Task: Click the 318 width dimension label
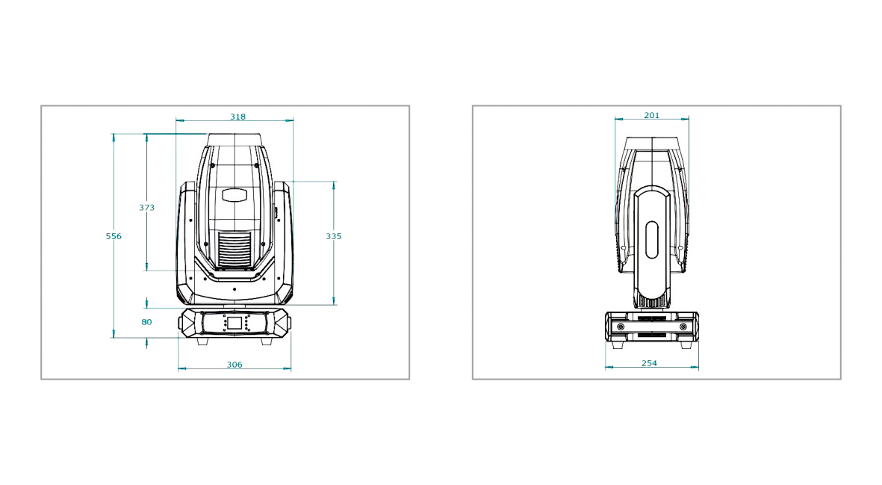click(238, 117)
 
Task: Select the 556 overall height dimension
click(114, 236)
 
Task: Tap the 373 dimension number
click(147, 208)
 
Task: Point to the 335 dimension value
click(334, 236)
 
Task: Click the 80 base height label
click(147, 322)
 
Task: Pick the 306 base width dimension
click(235, 365)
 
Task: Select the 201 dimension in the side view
click(651, 115)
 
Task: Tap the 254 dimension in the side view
click(649, 363)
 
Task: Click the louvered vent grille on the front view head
click(235, 250)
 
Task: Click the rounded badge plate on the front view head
click(235, 195)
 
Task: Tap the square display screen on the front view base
click(235, 323)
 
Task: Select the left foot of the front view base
click(202, 341)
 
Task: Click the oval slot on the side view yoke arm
click(651, 240)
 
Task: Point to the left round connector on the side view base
click(621, 327)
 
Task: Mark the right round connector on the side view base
click(683, 327)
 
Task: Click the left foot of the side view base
click(618, 345)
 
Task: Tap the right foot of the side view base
click(686, 345)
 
